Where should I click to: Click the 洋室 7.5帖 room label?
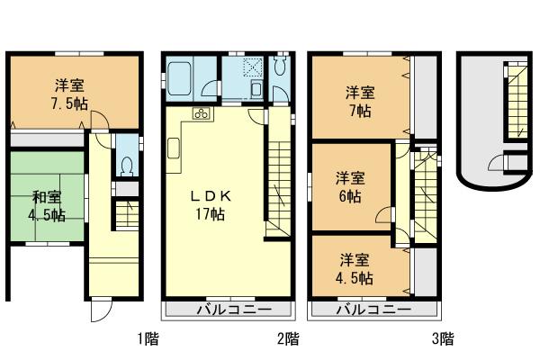(70, 93)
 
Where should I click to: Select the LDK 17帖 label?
(212, 204)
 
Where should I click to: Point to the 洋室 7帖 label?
(359, 101)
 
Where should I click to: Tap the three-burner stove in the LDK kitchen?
(202, 113)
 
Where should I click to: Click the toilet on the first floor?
(127, 166)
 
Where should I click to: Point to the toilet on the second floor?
(280, 70)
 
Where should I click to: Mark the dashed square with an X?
(247, 65)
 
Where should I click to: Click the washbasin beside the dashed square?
(256, 87)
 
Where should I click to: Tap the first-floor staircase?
(126, 216)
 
